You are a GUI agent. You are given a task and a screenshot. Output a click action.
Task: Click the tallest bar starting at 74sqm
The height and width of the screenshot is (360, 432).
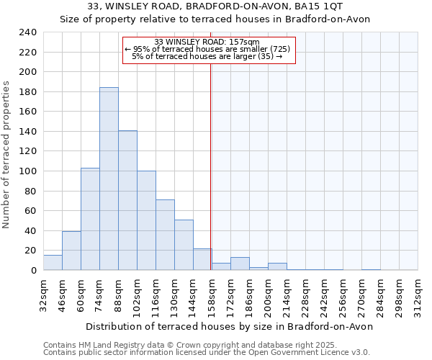109,179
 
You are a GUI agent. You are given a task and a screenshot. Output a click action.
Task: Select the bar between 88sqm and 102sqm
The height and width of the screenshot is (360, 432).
127,200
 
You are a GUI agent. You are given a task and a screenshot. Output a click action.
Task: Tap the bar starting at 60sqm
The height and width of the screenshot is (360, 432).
90,219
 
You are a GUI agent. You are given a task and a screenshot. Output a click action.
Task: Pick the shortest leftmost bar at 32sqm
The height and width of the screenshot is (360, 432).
53,263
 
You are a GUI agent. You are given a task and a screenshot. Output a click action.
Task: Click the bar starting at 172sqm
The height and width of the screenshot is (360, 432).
240,264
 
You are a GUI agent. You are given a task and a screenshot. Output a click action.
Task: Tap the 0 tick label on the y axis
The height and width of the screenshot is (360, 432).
33,271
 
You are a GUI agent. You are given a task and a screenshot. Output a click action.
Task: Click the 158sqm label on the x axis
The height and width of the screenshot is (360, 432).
212,294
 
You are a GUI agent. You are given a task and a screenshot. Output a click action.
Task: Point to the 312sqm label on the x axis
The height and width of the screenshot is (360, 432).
418,294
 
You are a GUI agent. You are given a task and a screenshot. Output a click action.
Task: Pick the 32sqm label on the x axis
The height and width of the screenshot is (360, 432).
43,294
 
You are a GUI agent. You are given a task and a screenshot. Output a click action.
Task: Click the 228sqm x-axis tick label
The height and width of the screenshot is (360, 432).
305,294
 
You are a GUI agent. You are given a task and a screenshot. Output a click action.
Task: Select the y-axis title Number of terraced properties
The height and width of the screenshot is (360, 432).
7,154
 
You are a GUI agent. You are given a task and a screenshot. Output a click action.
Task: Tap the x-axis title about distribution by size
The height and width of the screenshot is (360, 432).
229,326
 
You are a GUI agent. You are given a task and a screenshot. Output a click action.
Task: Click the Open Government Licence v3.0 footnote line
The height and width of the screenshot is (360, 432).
207,352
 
